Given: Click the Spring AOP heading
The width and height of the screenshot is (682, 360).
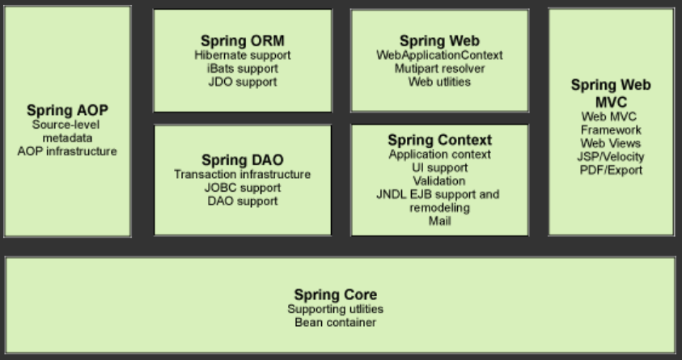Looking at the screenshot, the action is pos(67,110).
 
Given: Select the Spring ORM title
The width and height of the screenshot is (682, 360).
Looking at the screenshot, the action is pos(243,41).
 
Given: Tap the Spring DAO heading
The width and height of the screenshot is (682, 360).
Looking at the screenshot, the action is pos(242,159).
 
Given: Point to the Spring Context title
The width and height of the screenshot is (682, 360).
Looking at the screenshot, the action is pos(439,141).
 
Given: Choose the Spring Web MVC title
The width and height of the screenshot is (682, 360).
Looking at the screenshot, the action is pos(611,93).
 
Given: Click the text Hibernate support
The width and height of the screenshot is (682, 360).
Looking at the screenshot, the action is pos(243,55).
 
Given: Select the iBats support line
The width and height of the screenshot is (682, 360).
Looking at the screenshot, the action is pos(243,69).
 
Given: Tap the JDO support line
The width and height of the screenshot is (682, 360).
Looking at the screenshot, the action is pos(243,82).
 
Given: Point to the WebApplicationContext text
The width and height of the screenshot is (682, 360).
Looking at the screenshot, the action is pos(439,55).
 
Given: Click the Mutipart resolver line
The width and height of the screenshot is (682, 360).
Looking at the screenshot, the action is pos(439,69).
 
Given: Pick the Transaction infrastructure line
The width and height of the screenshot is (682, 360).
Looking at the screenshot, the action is pos(242,174).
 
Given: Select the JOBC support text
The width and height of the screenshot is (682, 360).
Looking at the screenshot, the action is pos(242,188).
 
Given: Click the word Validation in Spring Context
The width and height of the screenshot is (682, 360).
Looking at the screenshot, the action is pos(439,181).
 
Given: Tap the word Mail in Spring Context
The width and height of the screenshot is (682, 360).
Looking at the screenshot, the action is pos(439,221).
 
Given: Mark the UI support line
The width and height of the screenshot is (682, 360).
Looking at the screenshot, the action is pos(439,167).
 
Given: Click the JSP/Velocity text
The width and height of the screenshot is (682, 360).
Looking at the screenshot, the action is pos(611,156).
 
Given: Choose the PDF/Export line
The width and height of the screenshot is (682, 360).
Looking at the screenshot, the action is pos(611,170).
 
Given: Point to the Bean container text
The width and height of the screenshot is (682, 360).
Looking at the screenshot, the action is pos(335,323).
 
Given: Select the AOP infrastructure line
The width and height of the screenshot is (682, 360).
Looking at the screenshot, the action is pos(67,151).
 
